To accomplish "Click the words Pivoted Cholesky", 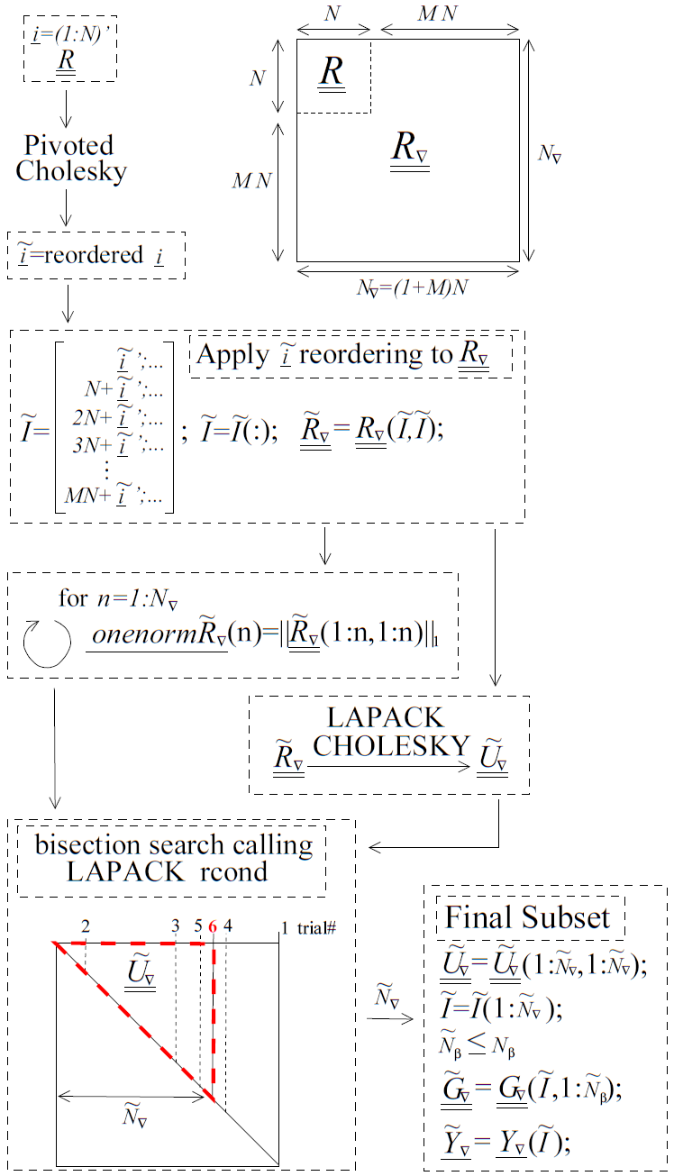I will pyautogui.click(x=69, y=159).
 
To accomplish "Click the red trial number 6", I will pyautogui.click(x=212, y=925).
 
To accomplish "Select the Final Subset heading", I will pyautogui.click(x=528, y=917).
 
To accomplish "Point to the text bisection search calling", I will pyautogui.click(x=174, y=845).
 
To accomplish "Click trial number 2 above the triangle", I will pyautogui.click(x=85, y=925).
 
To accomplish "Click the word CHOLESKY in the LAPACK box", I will pyautogui.click(x=392, y=746).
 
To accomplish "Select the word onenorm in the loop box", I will pyautogui.click(x=135, y=634).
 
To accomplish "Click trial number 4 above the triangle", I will pyautogui.click(x=228, y=925).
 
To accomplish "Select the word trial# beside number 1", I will pyautogui.click(x=316, y=926).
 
